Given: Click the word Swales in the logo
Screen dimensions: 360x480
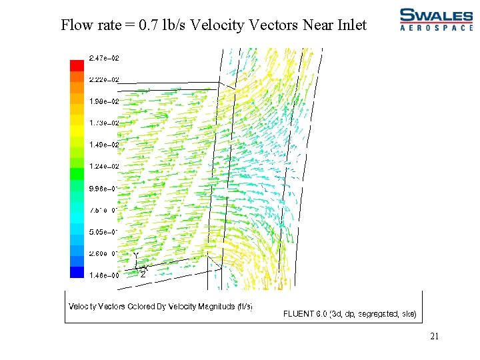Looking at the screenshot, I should [436, 15].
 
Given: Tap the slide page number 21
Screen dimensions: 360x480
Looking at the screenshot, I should [434, 337].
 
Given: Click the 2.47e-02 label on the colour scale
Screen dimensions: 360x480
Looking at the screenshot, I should [105, 59].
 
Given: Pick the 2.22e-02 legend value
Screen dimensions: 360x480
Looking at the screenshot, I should [105, 80].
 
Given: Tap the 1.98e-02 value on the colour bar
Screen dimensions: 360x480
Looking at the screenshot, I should [105, 101].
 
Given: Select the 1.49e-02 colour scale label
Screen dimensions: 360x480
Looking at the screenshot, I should [105, 145].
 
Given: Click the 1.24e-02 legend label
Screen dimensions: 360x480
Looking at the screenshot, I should [105, 166].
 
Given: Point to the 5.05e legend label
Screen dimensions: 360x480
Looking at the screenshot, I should [103, 231].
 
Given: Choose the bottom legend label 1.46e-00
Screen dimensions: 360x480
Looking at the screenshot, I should [104, 275].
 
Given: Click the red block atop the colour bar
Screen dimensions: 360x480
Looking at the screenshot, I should [77, 65].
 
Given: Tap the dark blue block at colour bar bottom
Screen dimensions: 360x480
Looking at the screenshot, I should [77, 272].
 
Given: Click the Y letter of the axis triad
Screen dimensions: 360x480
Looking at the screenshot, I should [136, 256].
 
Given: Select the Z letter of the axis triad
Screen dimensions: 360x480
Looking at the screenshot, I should [143, 274].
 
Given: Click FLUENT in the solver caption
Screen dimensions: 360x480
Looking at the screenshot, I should [300, 313].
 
